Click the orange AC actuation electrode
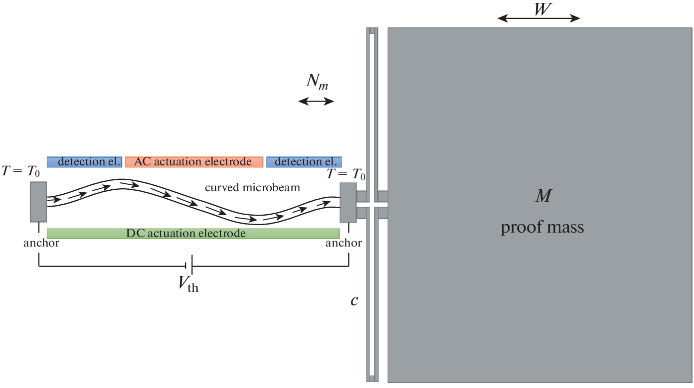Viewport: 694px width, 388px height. point(194,162)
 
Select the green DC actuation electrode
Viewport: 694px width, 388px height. point(193,233)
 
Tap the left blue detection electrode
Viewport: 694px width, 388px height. point(84,162)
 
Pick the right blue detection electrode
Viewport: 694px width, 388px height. point(304,162)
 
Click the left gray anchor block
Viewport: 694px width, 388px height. point(38,202)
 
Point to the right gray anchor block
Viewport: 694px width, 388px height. point(348,202)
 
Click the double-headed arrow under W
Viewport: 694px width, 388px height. point(539,18)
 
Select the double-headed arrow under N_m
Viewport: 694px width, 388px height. point(316,102)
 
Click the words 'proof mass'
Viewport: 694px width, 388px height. point(542,228)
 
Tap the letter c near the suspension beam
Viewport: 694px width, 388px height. point(354,301)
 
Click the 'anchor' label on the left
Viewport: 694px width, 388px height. point(41,244)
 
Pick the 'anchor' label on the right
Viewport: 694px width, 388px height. point(344,244)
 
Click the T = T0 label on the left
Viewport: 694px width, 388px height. point(21,172)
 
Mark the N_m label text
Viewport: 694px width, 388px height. point(317,83)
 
